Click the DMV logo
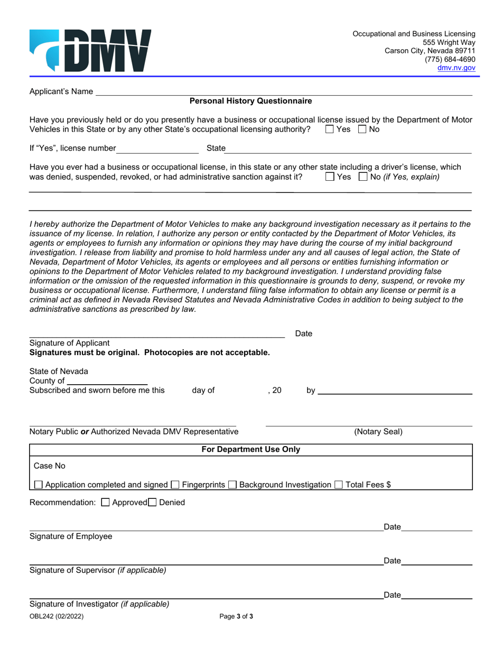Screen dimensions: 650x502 90,51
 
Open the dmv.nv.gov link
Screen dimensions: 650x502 456,68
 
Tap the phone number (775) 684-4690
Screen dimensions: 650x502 450,60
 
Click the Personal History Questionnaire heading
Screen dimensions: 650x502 250,101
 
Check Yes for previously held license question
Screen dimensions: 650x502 330,129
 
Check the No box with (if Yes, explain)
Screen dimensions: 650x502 363,177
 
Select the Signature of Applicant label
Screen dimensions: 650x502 69,343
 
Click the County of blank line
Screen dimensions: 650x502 107,381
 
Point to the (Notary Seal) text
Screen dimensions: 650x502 378,432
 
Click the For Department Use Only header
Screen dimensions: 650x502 250,450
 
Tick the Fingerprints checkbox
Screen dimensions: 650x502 176,485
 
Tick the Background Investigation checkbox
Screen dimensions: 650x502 233,485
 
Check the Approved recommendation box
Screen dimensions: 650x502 105,503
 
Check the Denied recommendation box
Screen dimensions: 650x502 153,503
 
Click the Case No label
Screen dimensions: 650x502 50,466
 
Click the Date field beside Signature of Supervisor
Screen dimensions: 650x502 436,561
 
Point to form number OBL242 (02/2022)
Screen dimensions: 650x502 57,616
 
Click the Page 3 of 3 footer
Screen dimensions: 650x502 236,616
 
